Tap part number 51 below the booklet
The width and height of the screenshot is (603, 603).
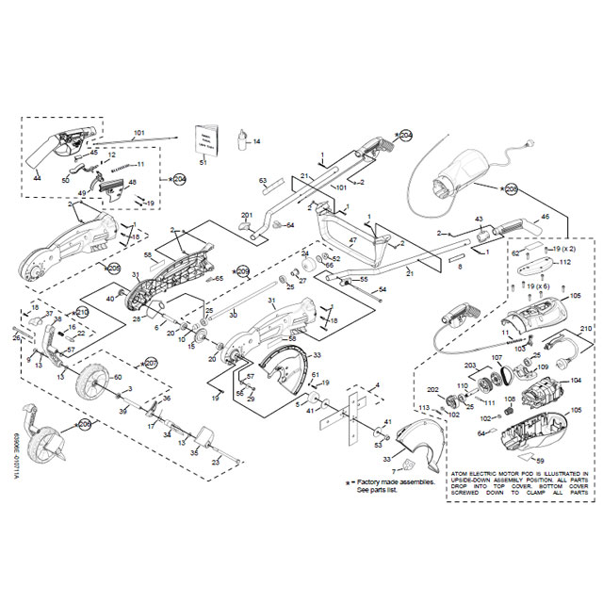(203, 163)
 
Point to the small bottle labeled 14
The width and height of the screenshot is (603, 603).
(242, 142)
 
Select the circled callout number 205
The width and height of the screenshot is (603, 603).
(512, 189)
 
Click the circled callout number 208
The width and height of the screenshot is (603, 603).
(114, 269)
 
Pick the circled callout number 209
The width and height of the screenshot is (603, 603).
(242, 271)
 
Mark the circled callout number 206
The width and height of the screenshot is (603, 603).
(84, 426)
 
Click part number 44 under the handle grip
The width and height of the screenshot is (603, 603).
(37, 177)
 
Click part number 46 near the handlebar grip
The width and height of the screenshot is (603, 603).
(545, 218)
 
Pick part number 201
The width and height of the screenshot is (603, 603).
(247, 215)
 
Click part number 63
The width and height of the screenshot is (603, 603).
(264, 179)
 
